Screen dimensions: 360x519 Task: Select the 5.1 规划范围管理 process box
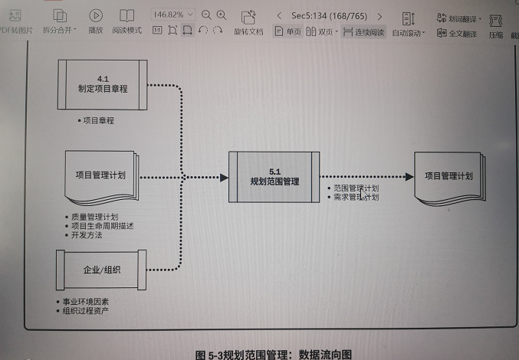click(274, 176)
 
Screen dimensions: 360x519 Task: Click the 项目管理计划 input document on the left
click(100, 175)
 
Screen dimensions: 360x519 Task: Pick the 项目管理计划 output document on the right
click(448, 176)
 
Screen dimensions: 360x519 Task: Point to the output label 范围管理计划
click(356, 188)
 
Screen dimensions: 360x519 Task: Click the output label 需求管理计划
click(356, 197)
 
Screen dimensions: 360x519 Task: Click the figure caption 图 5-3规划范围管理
click(273, 355)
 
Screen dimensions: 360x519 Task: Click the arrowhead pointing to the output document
click(408, 177)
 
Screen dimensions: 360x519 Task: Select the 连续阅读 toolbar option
click(364, 31)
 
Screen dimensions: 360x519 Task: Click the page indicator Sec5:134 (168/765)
click(327, 15)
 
